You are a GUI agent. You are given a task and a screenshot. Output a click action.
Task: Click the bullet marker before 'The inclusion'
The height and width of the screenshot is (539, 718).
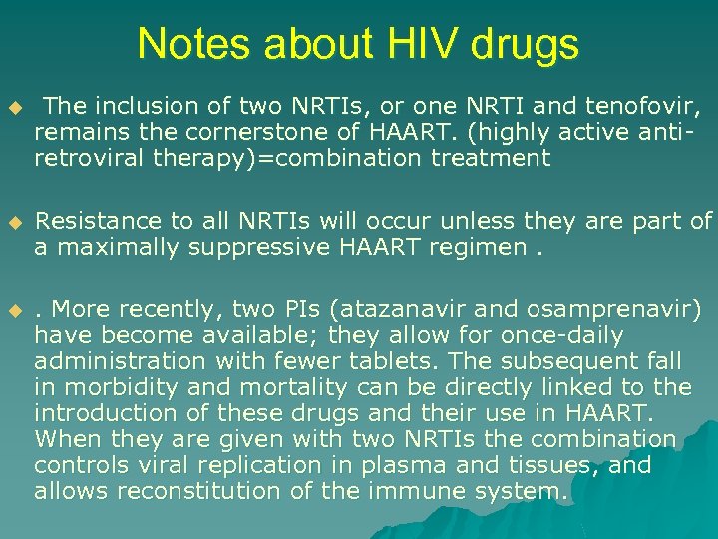[x=13, y=106]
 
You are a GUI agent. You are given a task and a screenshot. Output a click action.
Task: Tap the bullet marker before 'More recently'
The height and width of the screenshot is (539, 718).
[x=13, y=311]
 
